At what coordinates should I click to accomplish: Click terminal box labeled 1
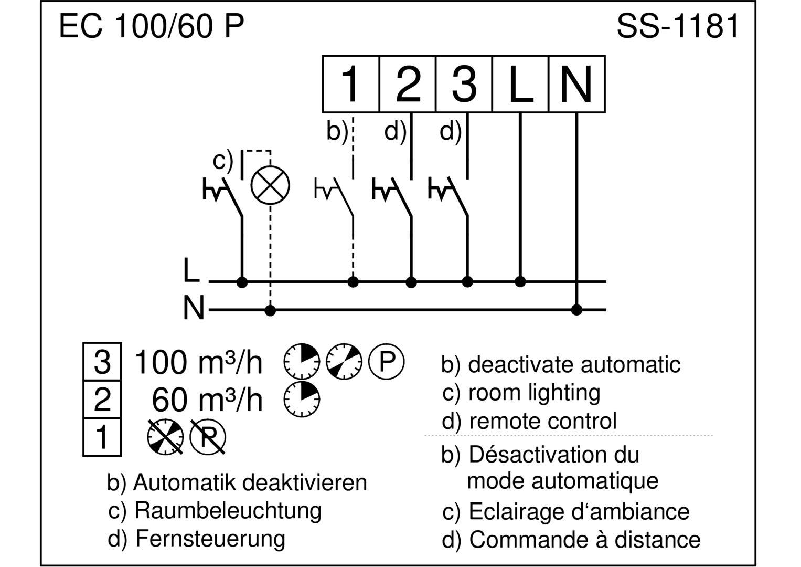(x=351, y=84)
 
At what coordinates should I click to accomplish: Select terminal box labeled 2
(x=408, y=84)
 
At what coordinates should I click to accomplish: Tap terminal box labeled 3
(x=464, y=84)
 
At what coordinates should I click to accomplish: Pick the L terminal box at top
(x=521, y=84)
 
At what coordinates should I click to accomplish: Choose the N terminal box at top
(x=577, y=84)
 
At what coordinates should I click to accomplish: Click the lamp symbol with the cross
(x=270, y=185)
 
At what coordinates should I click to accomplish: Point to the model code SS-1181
(x=678, y=26)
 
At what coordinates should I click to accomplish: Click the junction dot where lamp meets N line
(x=270, y=310)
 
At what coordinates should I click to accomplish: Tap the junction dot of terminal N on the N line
(x=576, y=310)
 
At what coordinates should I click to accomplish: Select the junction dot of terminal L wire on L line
(x=520, y=282)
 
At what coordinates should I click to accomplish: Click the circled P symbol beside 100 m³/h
(x=386, y=362)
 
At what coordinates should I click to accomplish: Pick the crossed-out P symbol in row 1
(x=207, y=437)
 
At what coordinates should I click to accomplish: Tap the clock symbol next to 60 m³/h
(x=302, y=400)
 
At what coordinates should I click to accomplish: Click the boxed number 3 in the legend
(x=102, y=362)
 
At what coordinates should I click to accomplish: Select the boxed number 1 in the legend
(x=102, y=437)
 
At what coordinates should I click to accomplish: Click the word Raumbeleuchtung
(x=228, y=511)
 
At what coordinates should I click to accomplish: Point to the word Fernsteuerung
(x=210, y=539)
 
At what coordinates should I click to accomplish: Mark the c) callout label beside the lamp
(x=223, y=161)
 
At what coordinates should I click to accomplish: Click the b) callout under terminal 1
(x=337, y=131)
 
